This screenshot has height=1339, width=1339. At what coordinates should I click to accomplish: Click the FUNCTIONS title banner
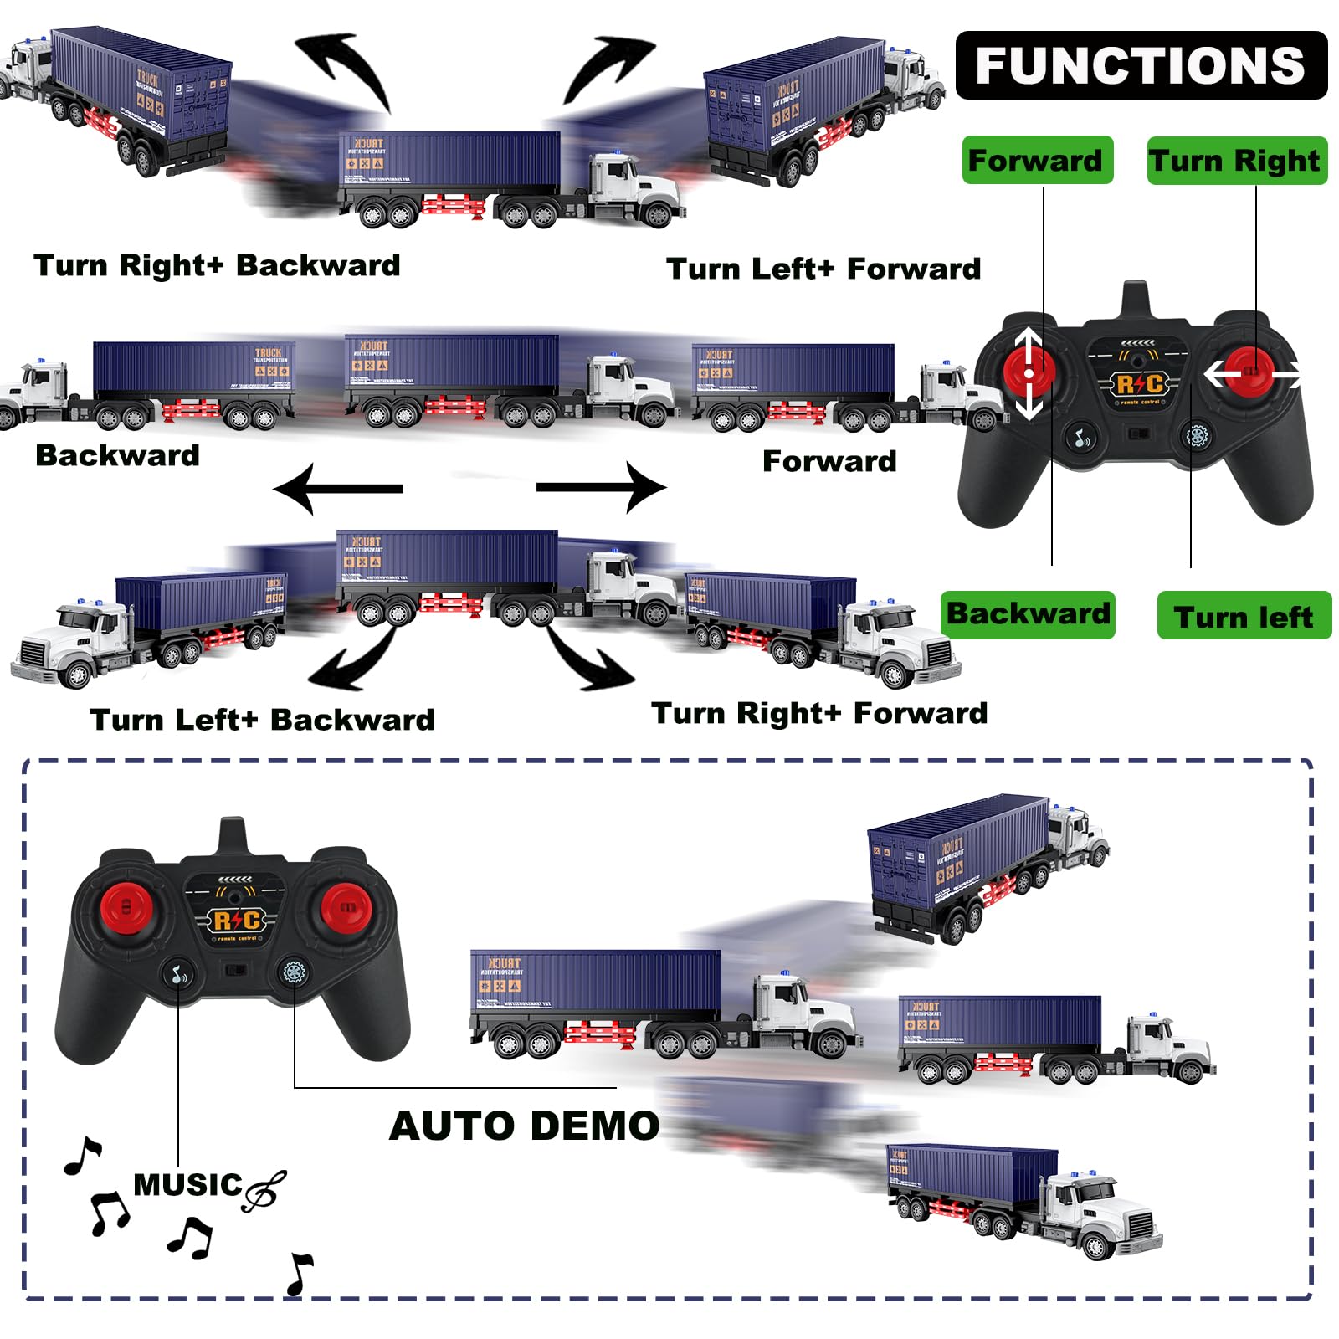tap(1141, 65)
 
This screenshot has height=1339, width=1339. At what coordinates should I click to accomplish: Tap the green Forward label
tap(1036, 160)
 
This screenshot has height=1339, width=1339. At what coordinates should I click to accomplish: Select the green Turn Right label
tap(1236, 160)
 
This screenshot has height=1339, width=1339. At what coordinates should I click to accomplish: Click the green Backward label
tap(1028, 614)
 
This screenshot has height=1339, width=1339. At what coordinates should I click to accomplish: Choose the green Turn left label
tap(1244, 617)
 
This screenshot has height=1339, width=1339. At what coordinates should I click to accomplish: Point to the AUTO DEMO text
tap(525, 1126)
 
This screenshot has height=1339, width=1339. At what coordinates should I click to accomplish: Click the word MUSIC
tap(187, 1185)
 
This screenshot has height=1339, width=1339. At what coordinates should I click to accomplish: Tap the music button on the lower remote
tap(178, 974)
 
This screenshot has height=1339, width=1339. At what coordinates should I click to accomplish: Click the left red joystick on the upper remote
tap(1029, 372)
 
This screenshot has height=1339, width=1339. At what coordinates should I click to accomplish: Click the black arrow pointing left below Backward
tap(339, 488)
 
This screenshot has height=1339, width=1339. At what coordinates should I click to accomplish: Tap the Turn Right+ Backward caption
tap(217, 265)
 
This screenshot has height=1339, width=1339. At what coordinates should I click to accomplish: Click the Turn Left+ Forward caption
tap(823, 269)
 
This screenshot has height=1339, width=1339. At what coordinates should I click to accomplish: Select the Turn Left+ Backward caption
tap(262, 720)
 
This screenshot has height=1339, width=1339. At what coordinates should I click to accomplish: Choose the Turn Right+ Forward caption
tap(819, 713)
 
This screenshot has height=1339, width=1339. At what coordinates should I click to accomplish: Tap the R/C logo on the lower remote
tap(237, 921)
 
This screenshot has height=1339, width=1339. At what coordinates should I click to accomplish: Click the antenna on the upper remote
tap(1136, 299)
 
